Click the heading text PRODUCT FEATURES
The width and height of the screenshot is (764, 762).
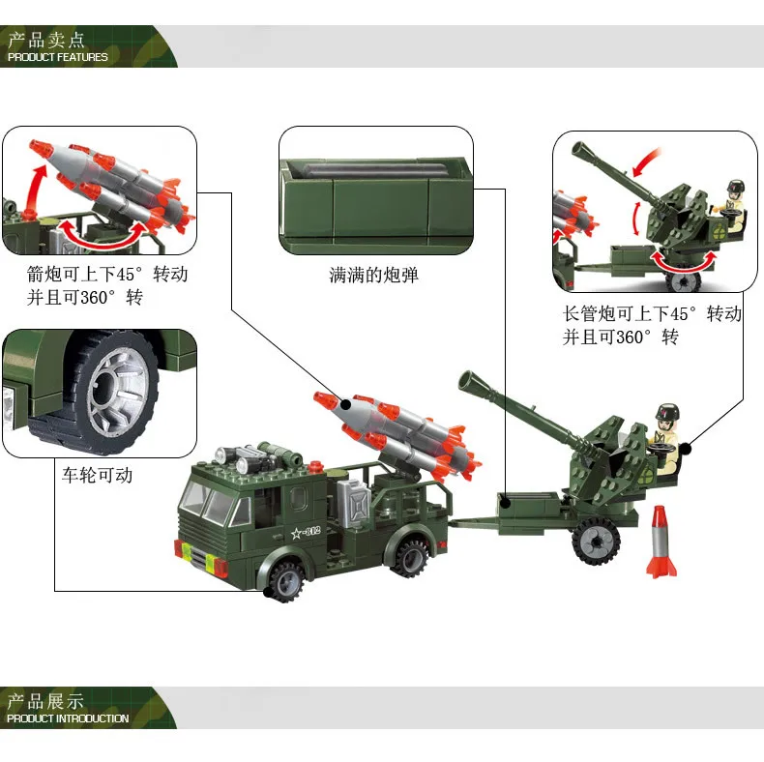point(57,57)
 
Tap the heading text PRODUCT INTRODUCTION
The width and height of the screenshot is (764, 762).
point(68,718)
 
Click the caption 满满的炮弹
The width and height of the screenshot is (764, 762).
point(373,276)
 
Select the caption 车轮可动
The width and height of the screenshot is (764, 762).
point(97,475)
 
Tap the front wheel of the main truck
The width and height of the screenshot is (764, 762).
point(286,581)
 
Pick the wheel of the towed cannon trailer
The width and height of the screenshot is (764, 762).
point(596,541)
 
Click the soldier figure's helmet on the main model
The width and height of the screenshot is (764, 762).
point(667,412)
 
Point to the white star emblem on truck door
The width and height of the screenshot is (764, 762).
point(296,533)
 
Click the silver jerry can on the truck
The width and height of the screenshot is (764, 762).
point(355,504)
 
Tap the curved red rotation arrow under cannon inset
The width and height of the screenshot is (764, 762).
point(684,263)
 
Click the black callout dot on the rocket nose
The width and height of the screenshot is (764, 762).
point(345,404)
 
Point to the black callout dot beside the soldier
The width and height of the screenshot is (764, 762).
point(685,447)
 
